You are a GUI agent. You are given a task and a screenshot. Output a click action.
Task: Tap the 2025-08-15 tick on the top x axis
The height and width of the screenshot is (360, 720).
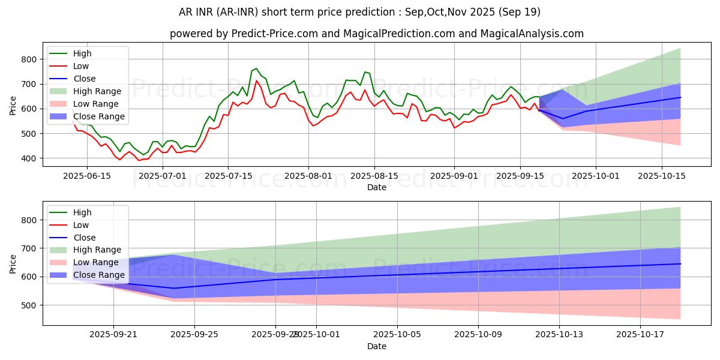tap(374, 175)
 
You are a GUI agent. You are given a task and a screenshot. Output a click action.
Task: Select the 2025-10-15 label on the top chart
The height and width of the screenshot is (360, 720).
tap(662, 175)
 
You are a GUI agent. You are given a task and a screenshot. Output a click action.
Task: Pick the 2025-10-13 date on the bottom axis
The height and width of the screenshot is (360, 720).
tap(559, 335)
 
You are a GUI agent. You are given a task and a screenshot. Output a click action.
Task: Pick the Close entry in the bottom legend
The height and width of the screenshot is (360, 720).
tap(85, 238)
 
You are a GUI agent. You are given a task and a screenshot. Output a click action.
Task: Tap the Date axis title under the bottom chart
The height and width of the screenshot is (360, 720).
tap(376, 346)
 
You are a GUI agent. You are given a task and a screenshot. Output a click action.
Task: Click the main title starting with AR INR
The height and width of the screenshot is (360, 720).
tap(359, 12)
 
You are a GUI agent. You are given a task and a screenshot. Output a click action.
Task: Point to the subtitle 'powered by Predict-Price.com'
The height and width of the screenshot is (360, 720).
tap(376, 34)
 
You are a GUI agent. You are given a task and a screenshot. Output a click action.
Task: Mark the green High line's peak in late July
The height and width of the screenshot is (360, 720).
tap(256, 68)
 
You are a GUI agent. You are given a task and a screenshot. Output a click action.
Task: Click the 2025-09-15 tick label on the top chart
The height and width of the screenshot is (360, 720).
tap(520, 175)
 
